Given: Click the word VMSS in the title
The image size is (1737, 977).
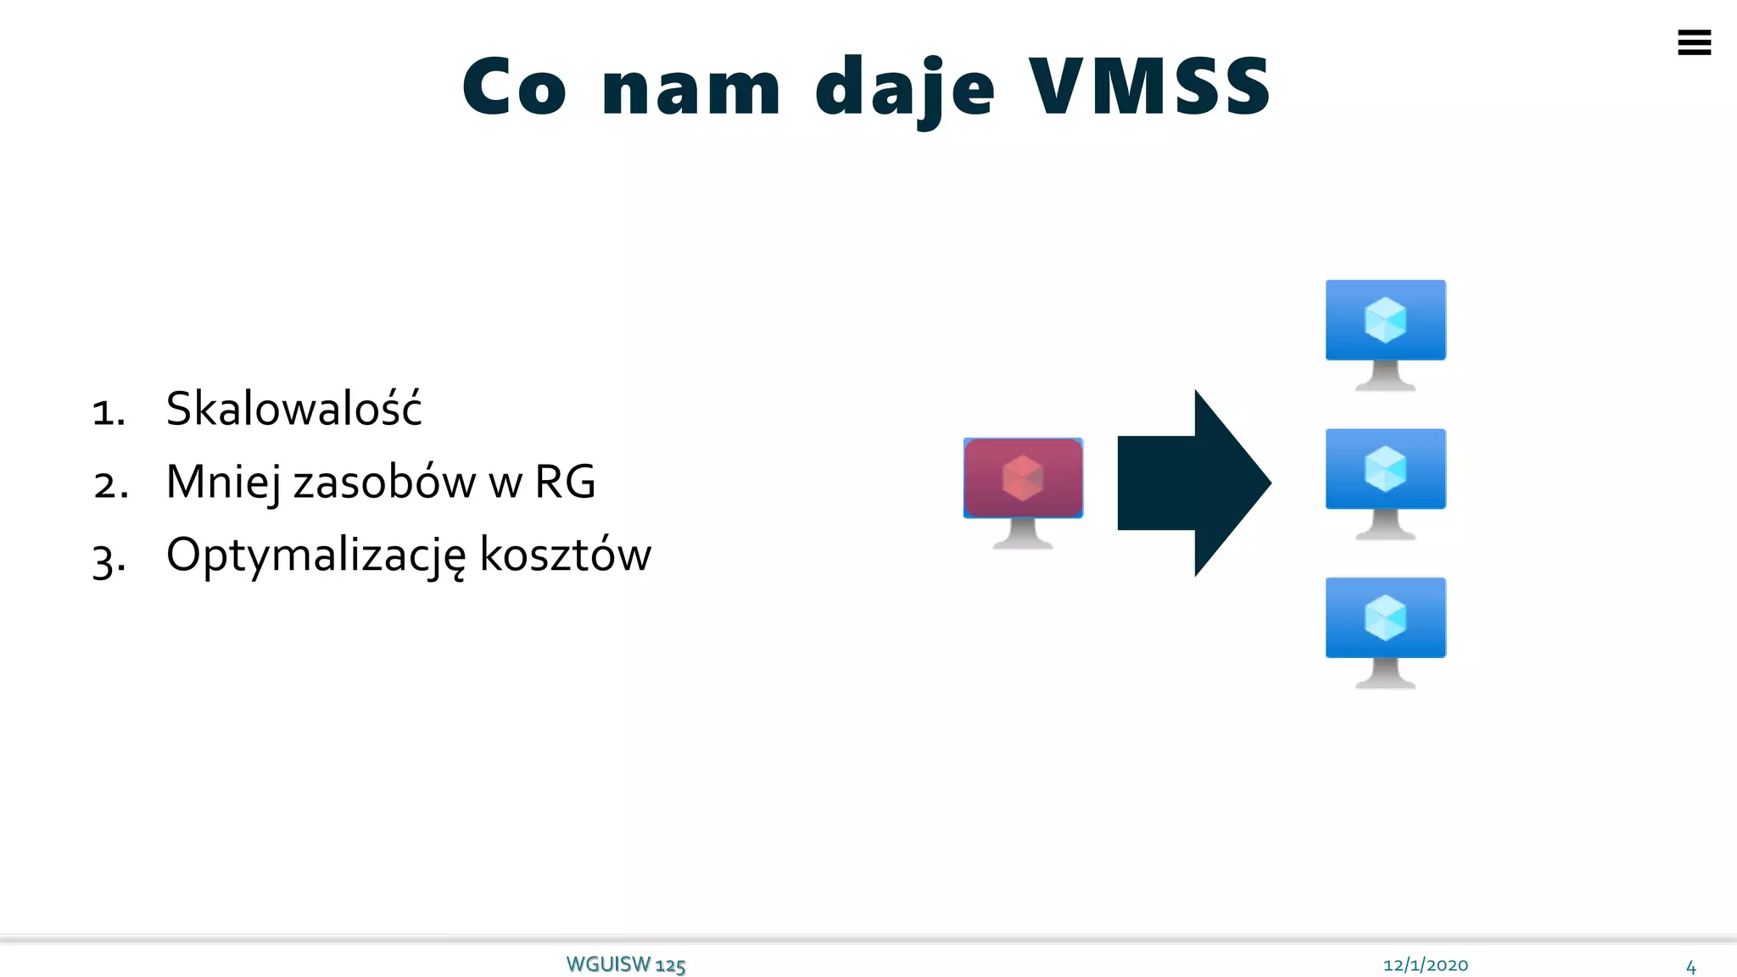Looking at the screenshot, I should click(x=1149, y=87).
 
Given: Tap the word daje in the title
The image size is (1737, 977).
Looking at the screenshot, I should click(x=904, y=88).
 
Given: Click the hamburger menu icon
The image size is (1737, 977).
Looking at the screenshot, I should click(x=1694, y=42).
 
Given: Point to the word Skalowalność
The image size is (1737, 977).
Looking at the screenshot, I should click(x=293, y=409).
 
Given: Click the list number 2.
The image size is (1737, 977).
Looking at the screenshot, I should click(x=111, y=484).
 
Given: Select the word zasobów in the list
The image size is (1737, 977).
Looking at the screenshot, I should click(x=384, y=482).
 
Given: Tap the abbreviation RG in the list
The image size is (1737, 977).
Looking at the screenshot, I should click(x=565, y=482).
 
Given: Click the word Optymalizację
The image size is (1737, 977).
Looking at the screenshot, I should click(x=316, y=556).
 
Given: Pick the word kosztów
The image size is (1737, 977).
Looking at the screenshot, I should click(x=565, y=555).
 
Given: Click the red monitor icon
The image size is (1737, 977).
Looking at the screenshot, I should click(x=1023, y=492).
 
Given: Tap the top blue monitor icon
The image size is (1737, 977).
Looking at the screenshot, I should click(x=1385, y=333).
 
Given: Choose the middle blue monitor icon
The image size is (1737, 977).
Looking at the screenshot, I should click(x=1385, y=483).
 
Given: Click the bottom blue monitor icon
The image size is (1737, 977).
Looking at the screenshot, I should click(x=1385, y=632).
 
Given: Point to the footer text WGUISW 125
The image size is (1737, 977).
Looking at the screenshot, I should click(x=625, y=965).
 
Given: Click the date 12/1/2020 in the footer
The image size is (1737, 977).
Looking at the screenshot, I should click(x=1425, y=965).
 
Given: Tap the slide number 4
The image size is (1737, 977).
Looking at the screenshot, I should click(x=1690, y=967).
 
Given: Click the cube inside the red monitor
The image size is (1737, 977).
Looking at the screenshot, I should click(x=1023, y=477).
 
